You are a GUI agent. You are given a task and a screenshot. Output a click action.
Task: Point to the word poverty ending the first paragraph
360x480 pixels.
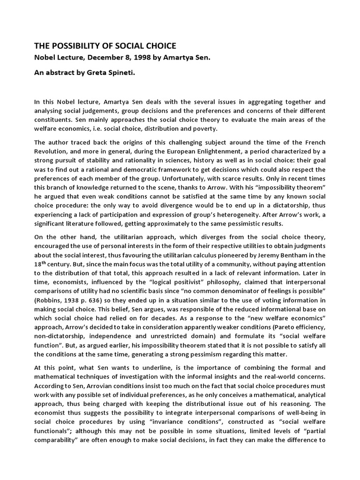(x=206, y=129)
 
